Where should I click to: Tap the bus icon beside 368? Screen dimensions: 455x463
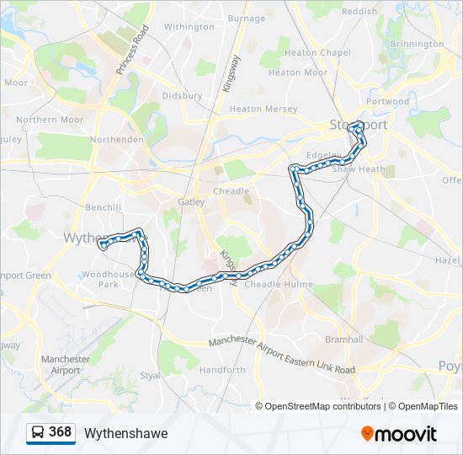(38, 433)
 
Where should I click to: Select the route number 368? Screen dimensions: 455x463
(61, 432)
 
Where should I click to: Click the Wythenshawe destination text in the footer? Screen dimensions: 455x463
(125, 433)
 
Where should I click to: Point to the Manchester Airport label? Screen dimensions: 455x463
(66, 365)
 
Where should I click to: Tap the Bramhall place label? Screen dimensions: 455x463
(343, 339)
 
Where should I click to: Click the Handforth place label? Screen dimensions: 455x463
(223, 370)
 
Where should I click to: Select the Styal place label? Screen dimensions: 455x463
(150, 375)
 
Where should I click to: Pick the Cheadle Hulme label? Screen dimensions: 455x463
(273, 285)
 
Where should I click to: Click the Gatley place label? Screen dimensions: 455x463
(192, 201)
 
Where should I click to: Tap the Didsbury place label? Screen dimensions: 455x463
(183, 96)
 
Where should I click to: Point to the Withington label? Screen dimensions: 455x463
(189, 27)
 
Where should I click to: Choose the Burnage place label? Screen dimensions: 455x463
(247, 19)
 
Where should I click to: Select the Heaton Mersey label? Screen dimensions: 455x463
(263, 110)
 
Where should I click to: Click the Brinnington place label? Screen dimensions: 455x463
(417, 44)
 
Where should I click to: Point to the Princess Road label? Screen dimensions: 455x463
(133, 49)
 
